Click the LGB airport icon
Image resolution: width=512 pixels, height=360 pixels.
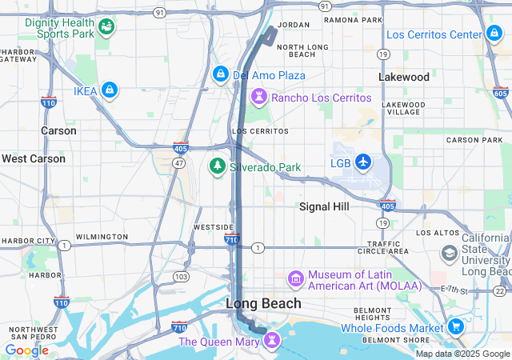tap(363, 162)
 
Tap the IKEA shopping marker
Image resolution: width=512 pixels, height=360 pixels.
tap(109, 91)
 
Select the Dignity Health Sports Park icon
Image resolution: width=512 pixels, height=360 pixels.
tap(106, 29)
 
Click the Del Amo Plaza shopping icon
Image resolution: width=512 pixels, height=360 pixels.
tap(220, 74)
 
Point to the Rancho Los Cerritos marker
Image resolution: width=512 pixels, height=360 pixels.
tap(259, 98)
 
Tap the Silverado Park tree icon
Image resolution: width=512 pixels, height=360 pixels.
tap(216, 166)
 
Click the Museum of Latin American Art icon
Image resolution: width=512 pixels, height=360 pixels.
tap(296, 278)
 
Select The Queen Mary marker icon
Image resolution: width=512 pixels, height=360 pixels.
tap(273, 341)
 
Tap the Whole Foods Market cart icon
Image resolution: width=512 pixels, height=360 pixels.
tap(455, 326)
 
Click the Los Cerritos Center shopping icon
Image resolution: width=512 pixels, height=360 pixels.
tap(494, 34)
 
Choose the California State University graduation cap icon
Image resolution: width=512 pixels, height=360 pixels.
tap(450, 254)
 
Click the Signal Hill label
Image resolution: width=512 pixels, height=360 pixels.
tap(324, 206)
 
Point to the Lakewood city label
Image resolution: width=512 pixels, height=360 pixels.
tap(404, 78)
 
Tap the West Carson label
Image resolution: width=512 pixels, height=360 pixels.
tap(34, 158)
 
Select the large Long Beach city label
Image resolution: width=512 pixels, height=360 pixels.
tap(263, 303)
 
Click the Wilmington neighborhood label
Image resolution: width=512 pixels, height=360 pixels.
tap(101, 237)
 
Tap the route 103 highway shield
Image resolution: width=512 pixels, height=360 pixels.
tap(182, 276)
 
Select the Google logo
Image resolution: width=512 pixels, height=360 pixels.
tap(26, 350)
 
